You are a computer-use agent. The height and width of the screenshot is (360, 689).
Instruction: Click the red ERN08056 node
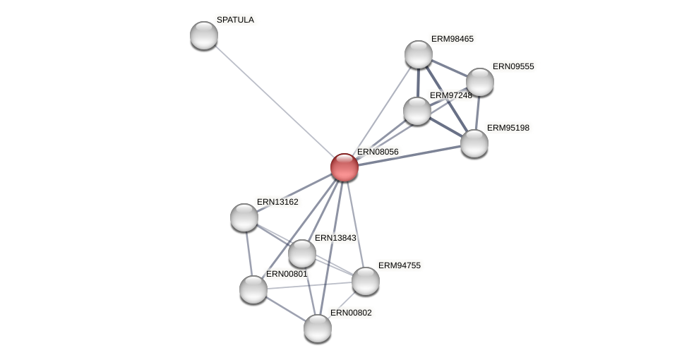344,167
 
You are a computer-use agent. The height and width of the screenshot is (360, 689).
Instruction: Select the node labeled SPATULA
204,35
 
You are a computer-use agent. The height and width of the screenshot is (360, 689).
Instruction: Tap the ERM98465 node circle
419,54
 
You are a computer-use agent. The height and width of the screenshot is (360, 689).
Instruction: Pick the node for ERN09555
480,82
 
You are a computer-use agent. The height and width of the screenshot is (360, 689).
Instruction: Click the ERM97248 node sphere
417,111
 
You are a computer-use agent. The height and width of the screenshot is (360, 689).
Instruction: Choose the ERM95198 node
474,143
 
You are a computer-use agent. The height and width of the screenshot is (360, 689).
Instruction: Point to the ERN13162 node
244,217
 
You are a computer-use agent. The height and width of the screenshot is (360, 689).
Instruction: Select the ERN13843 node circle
302,253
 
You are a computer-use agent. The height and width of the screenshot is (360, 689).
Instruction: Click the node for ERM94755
366,281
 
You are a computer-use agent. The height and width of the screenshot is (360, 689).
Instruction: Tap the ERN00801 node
253,289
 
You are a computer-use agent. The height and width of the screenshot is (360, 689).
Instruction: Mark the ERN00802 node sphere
318,328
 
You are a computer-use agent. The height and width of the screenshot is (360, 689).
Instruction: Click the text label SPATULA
235,20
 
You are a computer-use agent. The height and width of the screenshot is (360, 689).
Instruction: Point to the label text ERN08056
378,152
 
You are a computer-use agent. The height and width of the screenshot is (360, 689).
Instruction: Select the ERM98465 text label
453,39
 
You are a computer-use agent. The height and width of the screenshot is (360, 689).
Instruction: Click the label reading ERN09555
513,66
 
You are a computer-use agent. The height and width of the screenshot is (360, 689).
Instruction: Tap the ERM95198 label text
508,128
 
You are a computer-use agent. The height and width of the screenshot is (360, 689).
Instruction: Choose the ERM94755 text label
399,265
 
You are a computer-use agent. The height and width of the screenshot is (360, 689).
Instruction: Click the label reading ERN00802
351,313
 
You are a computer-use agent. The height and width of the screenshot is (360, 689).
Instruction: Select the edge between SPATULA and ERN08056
274,101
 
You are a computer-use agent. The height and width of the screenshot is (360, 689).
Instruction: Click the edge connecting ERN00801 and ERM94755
309,285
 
